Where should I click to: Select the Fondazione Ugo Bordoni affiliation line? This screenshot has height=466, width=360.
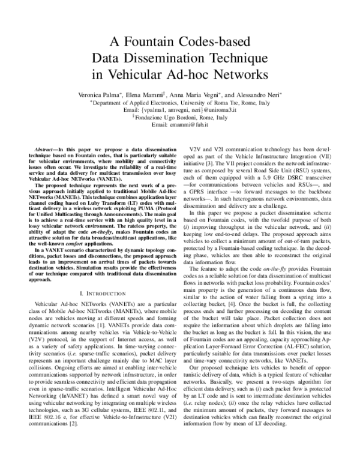point(181,117)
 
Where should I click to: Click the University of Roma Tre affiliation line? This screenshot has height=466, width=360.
point(181,103)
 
